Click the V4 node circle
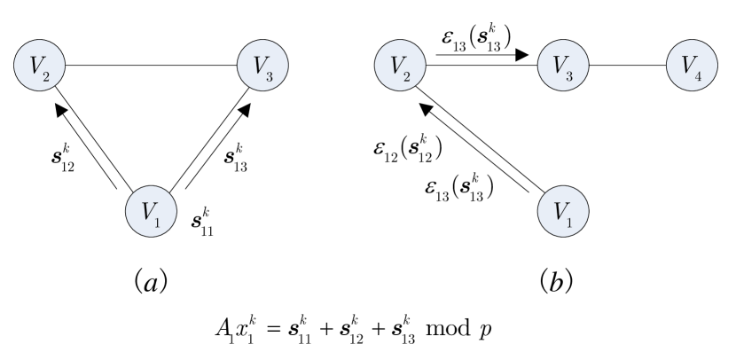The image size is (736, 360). (x=692, y=67)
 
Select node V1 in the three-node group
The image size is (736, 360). (x=152, y=212)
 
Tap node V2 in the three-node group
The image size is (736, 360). (x=39, y=67)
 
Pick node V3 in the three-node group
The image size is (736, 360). (x=262, y=67)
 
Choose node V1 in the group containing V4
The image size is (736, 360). (x=564, y=213)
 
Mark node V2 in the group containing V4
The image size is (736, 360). (x=400, y=67)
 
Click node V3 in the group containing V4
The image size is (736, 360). (x=564, y=67)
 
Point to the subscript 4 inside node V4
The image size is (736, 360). (x=699, y=75)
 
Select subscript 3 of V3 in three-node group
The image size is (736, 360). (x=270, y=75)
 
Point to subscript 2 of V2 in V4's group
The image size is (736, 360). (x=407, y=75)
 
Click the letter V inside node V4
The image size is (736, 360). (x=687, y=64)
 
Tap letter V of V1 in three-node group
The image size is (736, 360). (x=147, y=210)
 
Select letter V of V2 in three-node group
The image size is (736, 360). (x=35, y=64)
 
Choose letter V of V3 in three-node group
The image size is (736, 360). (x=258, y=64)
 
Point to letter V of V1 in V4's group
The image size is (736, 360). (x=560, y=210)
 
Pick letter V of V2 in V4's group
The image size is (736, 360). (x=395, y=64)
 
